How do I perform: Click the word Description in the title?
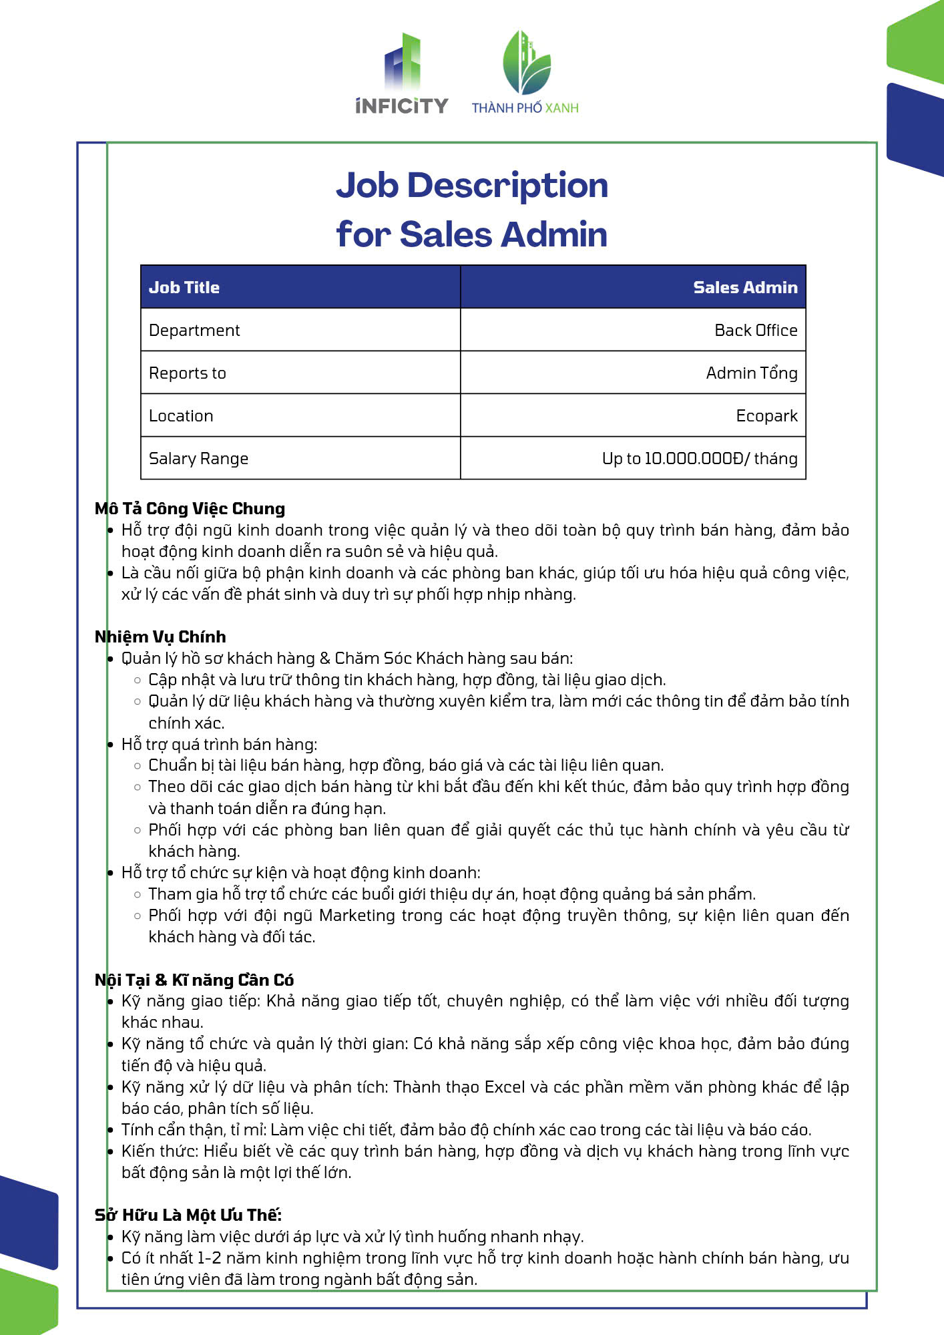[x=507, y=185]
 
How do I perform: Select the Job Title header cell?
[x=184, y=287]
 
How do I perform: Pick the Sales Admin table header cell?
[x=745, y=287]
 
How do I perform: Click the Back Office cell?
[x=756, y=330]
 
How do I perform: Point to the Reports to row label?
[x=188, y=373]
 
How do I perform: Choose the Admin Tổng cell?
[x=752, y=373]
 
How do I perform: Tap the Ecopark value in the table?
[x=766, y=415]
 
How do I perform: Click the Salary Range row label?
[x=198, y=458]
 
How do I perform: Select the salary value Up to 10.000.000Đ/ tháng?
[x=700, y=458]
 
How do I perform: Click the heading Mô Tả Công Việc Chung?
[x=190, y=508]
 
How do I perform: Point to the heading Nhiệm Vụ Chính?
[x=160, y=636]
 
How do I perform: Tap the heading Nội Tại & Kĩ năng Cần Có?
[x=194, y=980]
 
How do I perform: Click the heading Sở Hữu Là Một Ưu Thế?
[x=188, y=1215]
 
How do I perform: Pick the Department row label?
[x=194, y=330]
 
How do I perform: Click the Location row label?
[x=181, y=415]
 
